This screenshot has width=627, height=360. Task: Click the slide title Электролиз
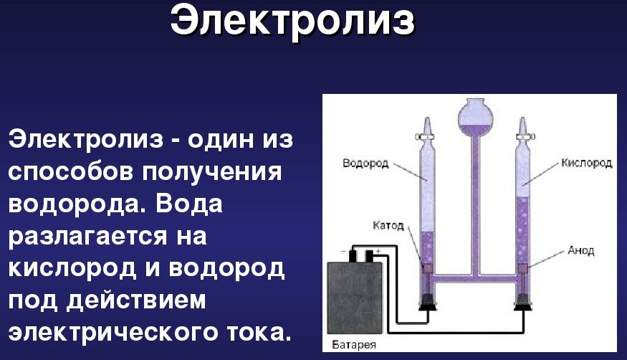point(292,21)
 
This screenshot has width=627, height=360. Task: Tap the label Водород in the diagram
point(365,164)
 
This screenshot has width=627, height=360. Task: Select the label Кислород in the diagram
point(587,163)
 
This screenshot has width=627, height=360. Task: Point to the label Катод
point(388,225)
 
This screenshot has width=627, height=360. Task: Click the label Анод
point(581,251)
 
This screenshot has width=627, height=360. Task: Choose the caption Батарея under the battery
point(354,344)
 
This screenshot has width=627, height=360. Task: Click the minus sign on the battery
point(343,252)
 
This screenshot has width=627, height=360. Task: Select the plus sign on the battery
point(378,251)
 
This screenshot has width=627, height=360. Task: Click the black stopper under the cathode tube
point(428,302)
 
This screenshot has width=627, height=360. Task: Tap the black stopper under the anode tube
point(523,302)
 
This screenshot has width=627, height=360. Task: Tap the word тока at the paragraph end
point(258,331)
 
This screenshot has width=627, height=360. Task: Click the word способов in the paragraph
point(70,171)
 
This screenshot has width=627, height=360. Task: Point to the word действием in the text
point(136,300)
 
